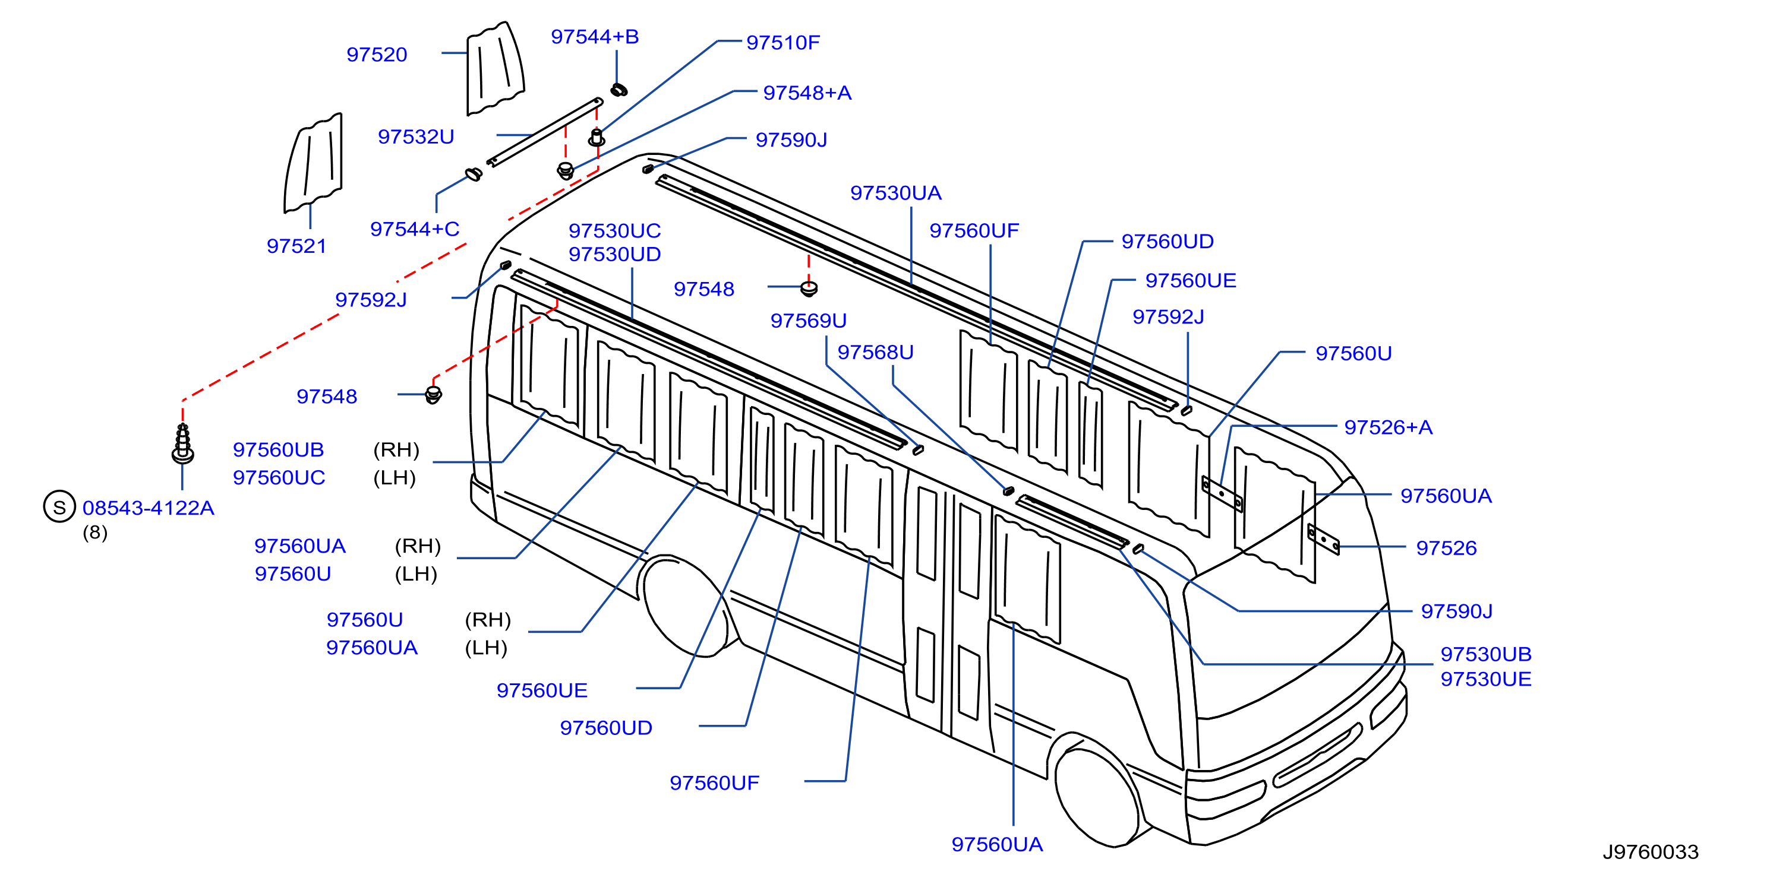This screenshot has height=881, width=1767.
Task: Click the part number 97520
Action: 377,54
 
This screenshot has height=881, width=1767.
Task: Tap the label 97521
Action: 296,245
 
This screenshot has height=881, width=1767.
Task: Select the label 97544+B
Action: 595,36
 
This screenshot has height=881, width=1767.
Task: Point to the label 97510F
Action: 782,43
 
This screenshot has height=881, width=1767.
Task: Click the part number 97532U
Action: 416,137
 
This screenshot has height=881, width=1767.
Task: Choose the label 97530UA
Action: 896,193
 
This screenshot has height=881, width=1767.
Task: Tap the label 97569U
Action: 808,320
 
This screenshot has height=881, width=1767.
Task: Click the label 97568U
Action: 875,351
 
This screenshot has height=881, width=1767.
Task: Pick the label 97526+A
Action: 1389,427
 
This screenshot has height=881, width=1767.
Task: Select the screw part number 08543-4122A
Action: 148,508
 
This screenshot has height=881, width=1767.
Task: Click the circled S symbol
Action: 59,506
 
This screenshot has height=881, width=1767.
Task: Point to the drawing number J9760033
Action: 1651,851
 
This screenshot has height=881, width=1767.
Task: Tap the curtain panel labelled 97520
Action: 496,68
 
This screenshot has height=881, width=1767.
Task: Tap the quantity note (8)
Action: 94,532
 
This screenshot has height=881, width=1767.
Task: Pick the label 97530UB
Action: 1486,654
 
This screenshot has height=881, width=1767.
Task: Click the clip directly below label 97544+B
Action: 619,90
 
